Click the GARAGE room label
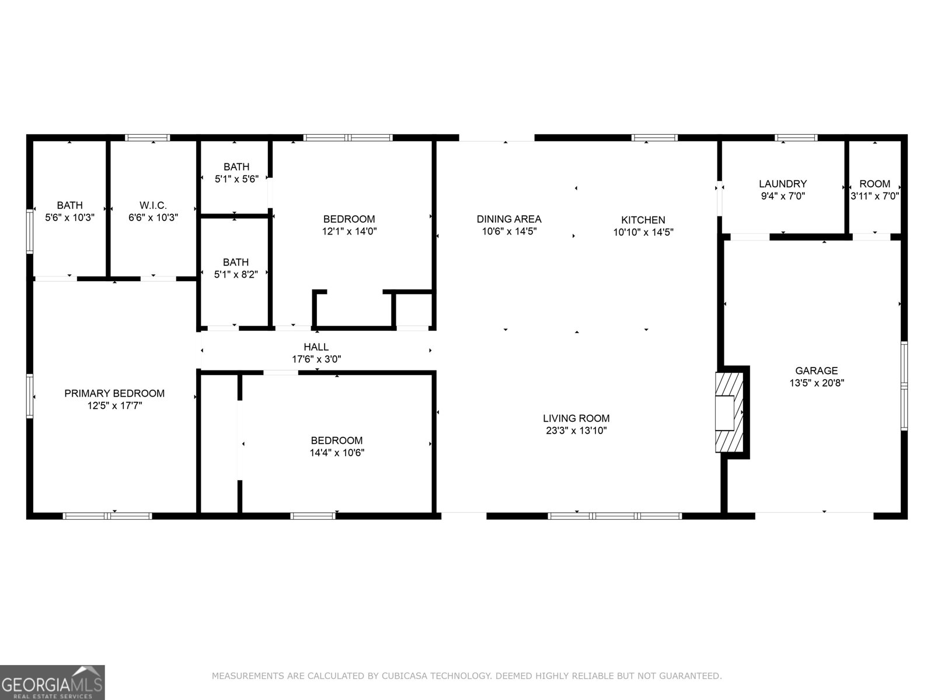pos(816,370)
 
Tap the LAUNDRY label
pos(782,184)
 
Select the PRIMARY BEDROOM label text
pos(114,393)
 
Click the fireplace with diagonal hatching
pos(730,412)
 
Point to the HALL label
pos(316,347)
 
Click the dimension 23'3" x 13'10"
pos(576,431)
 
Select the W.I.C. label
pos(153,205)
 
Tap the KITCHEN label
pos(643,220)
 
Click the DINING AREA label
pos(509,219)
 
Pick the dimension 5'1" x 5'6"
pos(236,179)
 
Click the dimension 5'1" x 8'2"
pos(236,274)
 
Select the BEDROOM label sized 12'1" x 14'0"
pos(349,219)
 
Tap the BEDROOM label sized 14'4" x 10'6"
pos(336,440)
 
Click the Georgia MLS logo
pos(53,682)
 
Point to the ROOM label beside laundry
pos(874,184)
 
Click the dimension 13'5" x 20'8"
pos(816,383)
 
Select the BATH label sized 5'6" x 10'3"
pos(69,205)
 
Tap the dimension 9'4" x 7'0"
pos(782,197)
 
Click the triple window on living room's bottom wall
pos(615,516)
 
